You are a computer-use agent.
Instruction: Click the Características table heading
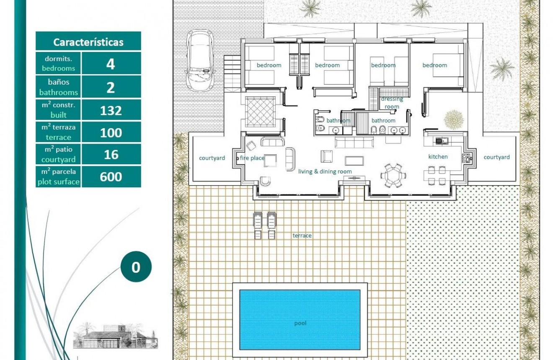(x=88, y=42)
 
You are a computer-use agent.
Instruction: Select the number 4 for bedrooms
(x=111, y=64)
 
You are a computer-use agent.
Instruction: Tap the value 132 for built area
(x=111, y=111)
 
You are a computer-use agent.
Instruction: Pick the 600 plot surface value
(x=111, y=176)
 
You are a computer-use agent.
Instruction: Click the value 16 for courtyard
(x=111, y=155)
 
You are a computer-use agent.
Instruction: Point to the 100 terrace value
(x=111, y=133)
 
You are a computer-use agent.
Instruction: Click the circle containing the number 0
(x=136, y=267)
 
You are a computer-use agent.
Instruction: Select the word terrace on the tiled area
(x=302, y=236)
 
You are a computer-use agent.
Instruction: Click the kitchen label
(x=438, y=157)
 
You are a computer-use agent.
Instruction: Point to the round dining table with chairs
(x=393, y=175)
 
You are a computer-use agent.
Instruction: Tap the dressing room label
(x=392, y=103)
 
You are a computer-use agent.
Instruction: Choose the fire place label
(x=252, y=158)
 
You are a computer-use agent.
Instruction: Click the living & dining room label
(x=325, y=171)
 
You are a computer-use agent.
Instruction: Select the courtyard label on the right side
(x=496, y=157)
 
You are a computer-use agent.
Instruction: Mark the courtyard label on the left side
(x=212, y=158)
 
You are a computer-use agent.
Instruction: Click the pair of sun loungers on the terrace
(x=265, y=225)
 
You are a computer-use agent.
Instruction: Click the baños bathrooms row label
(x=59, y=87)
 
